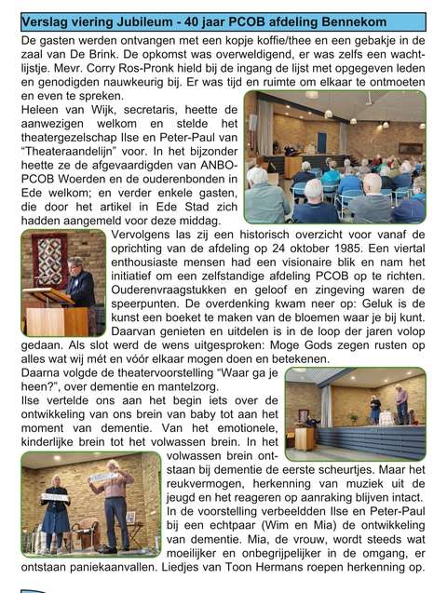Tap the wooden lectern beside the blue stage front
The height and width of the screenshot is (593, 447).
tap(304, 437)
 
